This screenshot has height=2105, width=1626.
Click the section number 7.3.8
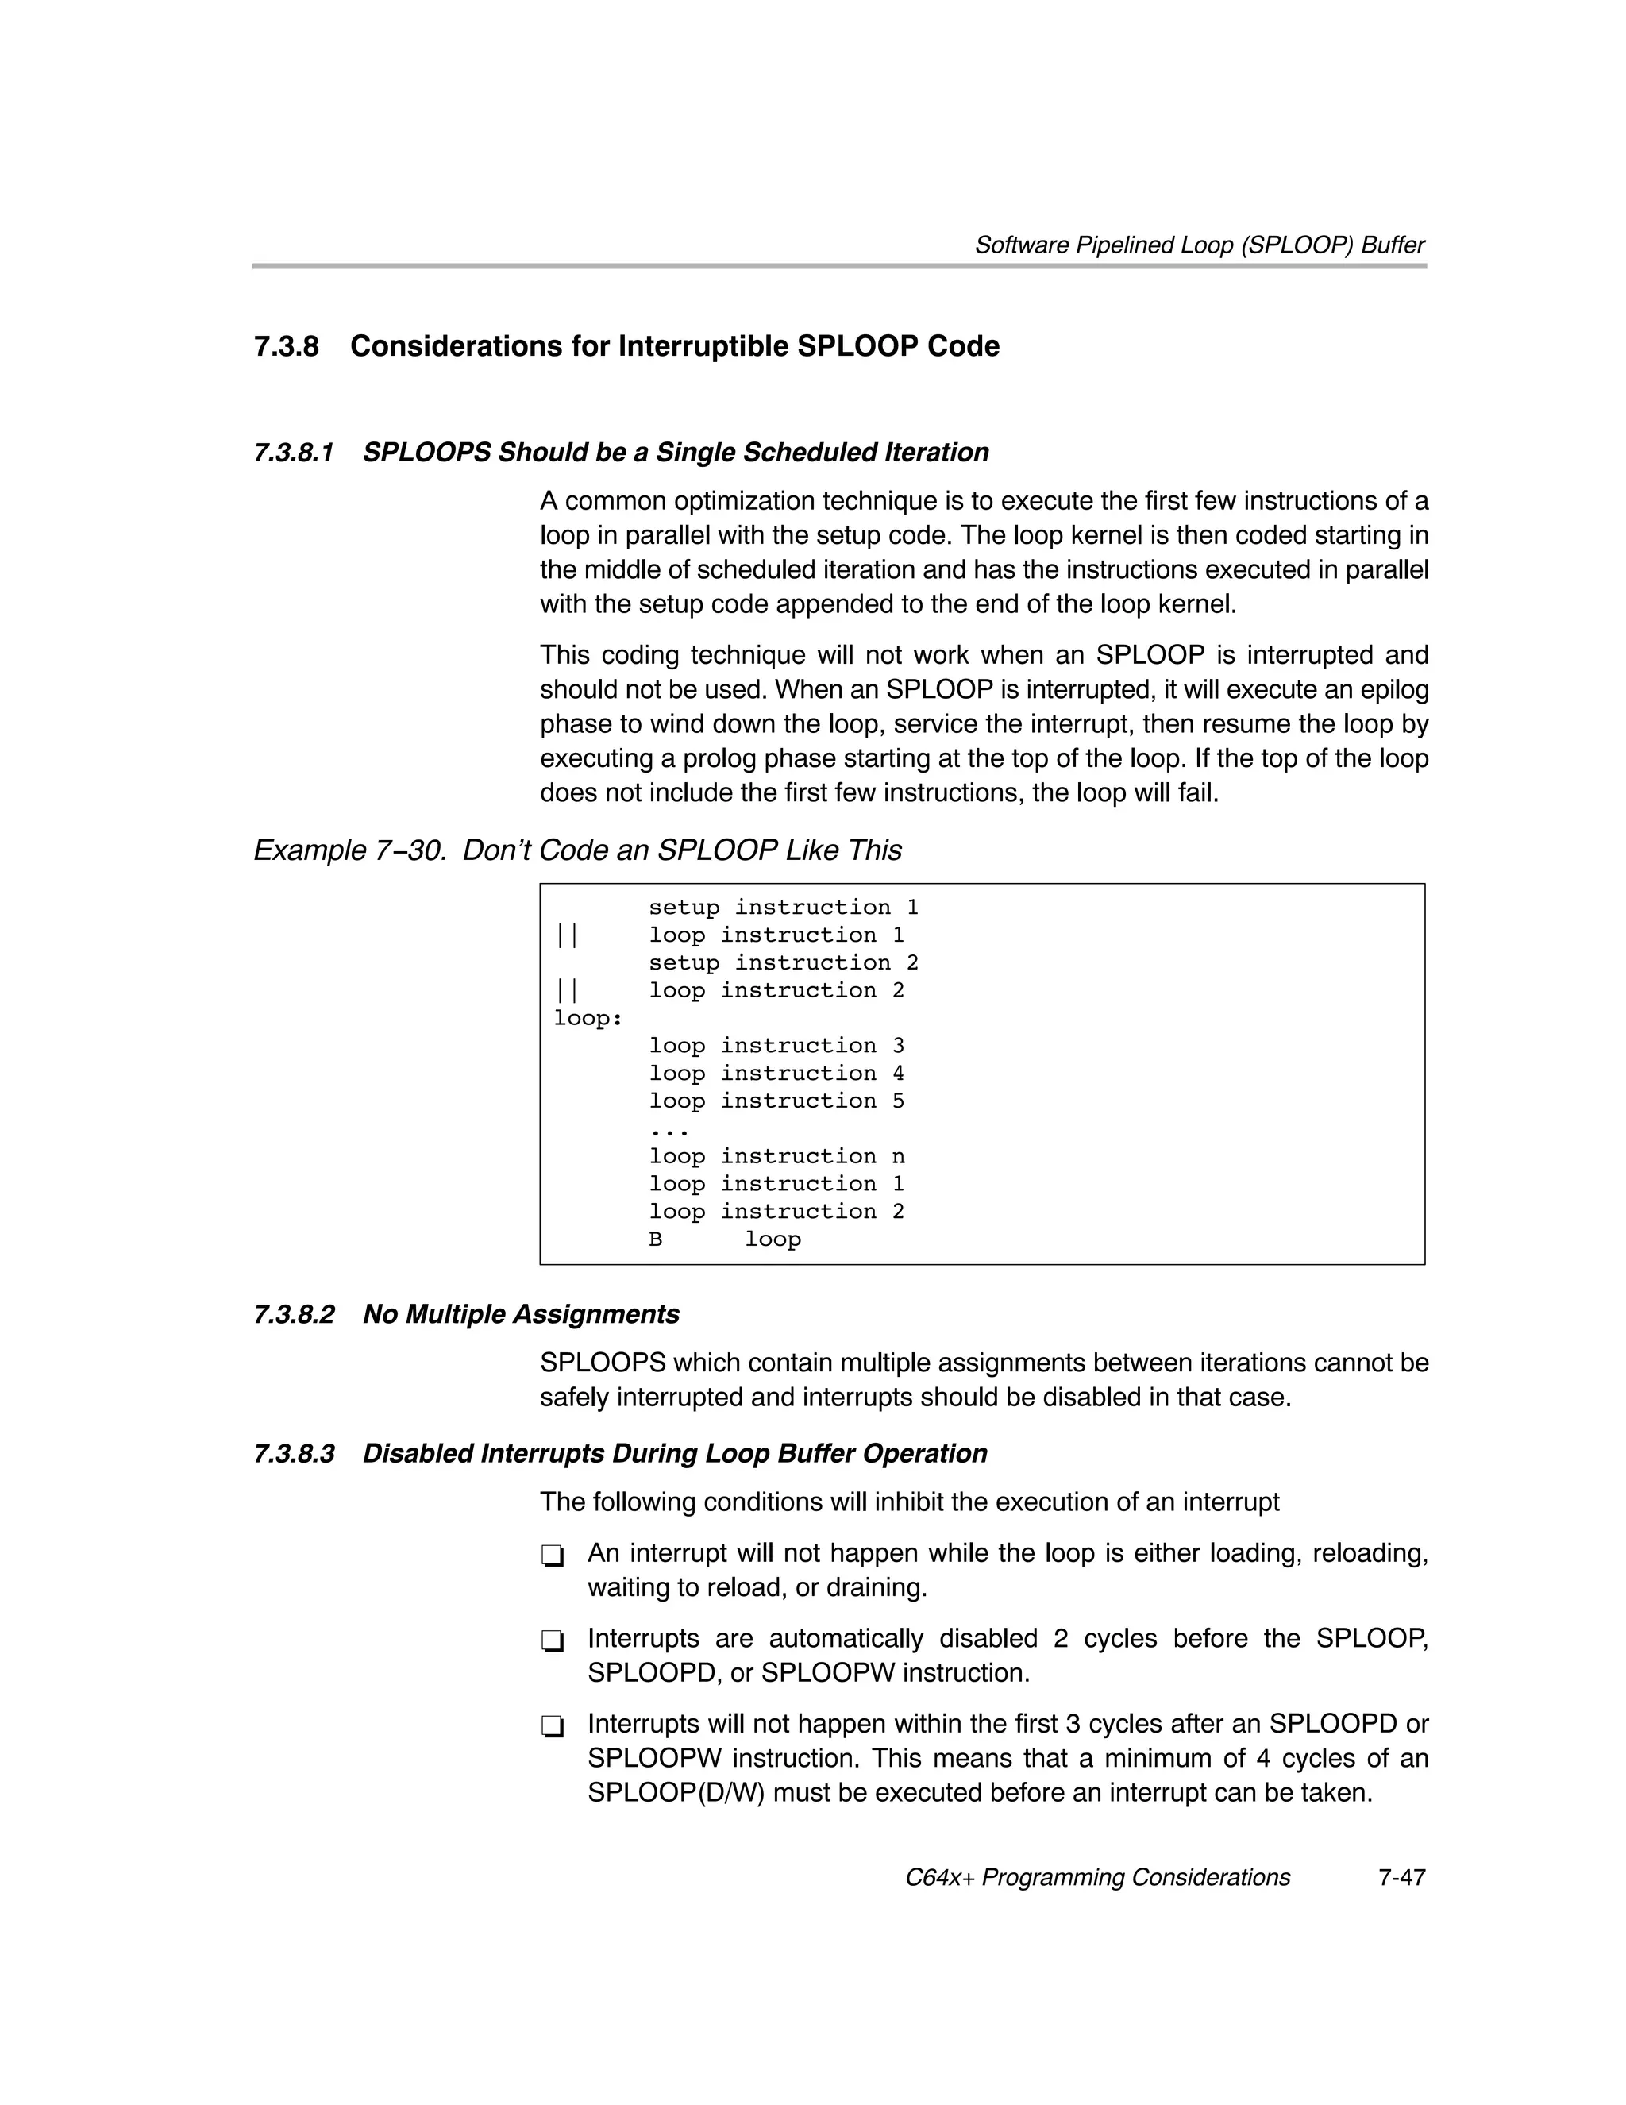pos(287,346)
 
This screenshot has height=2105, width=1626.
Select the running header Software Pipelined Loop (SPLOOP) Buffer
pos(1199,245)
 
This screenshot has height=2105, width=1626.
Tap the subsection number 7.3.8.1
pos(294,452)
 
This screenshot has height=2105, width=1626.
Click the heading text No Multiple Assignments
pos(521,1315)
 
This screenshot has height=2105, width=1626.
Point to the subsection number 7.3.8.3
pos(294,1453)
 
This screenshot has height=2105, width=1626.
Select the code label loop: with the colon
pos(588,1018)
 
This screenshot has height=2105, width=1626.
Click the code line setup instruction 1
pos(783,907)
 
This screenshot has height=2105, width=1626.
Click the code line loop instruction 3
pos(776,1046)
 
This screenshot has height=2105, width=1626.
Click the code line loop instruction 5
pos(776,1101)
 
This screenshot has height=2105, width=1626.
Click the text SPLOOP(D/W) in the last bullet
pos(675,1793)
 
